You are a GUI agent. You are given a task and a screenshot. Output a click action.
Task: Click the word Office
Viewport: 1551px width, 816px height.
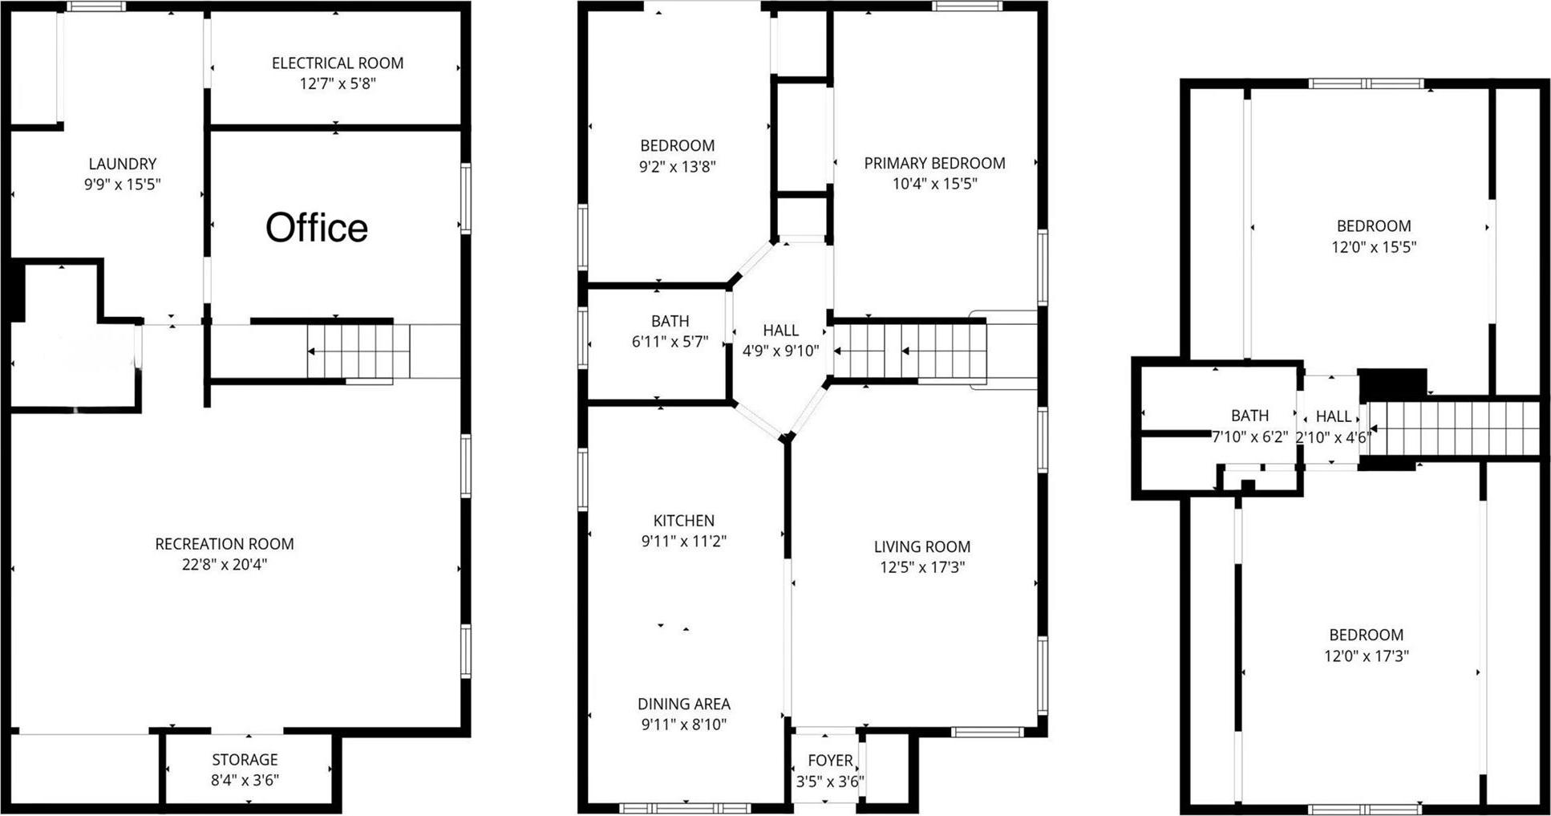point(317,228)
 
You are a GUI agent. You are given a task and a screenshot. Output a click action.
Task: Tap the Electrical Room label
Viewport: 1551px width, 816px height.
point(338,63)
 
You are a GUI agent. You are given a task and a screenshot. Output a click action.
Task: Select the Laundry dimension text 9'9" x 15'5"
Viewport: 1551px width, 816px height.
point(123,185)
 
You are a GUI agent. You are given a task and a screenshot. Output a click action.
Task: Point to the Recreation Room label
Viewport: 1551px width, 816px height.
point(225,544)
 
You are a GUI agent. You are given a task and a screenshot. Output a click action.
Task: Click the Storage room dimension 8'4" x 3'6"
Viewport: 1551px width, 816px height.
point(245,780)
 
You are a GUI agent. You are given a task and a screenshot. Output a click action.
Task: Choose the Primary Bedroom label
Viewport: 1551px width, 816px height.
point(934,163)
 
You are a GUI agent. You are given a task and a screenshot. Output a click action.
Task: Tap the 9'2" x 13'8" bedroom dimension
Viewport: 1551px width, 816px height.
point(678,167)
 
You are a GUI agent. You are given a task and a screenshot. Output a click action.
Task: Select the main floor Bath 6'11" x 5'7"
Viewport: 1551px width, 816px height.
point(670,331)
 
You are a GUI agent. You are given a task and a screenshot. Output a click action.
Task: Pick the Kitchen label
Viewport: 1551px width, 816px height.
point(683,521)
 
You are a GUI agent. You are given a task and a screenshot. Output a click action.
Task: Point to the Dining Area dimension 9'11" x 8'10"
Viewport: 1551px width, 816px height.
point(683,725)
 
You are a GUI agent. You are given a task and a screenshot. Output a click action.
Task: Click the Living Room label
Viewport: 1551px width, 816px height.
point(922,547)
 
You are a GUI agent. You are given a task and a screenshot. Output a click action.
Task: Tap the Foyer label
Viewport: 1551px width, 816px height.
point(830,761)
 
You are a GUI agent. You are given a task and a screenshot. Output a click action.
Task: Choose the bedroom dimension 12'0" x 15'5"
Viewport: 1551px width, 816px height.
point(1374,247)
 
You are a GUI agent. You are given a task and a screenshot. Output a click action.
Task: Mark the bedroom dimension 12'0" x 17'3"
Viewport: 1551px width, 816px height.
point(1366,656)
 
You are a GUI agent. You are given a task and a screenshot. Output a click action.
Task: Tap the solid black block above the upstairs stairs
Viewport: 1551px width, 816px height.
point(1393,384)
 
